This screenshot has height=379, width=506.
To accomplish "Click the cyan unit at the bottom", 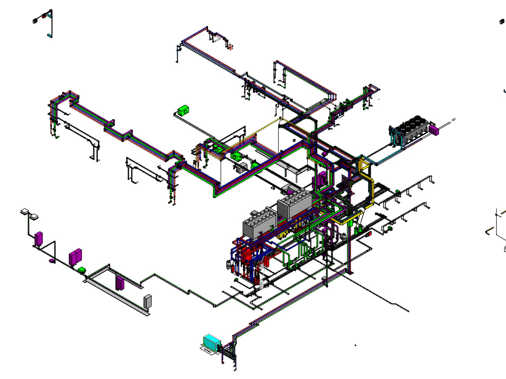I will click(x=212, y=342).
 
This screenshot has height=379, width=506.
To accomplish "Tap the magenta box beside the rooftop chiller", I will click(x=434, y=130).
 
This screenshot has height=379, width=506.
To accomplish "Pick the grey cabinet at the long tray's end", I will click(x=148, y=301).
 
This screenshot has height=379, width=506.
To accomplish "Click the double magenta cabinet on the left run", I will click(x=75, y=256).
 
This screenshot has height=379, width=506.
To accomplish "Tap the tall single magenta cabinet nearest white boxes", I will click(x=38, y=238).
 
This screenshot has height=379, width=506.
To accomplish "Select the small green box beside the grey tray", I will click(x=81, y=270).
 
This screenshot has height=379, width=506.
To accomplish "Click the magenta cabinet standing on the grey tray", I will click(x=120, y=282).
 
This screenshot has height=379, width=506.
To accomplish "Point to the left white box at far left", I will click(x=24, y=211).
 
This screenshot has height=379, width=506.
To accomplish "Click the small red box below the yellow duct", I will click(x=369, y=233).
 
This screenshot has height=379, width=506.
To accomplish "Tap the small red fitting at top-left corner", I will click(x=44, y=16).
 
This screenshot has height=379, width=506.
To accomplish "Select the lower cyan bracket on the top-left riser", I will click(x=49, y=35).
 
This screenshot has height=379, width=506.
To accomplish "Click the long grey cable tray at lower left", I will click(x=116, y=296).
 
